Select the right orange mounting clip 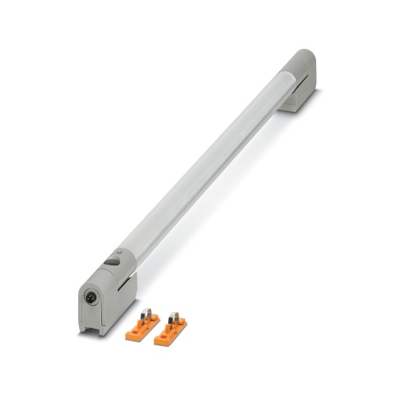click(x=172, y=329)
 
